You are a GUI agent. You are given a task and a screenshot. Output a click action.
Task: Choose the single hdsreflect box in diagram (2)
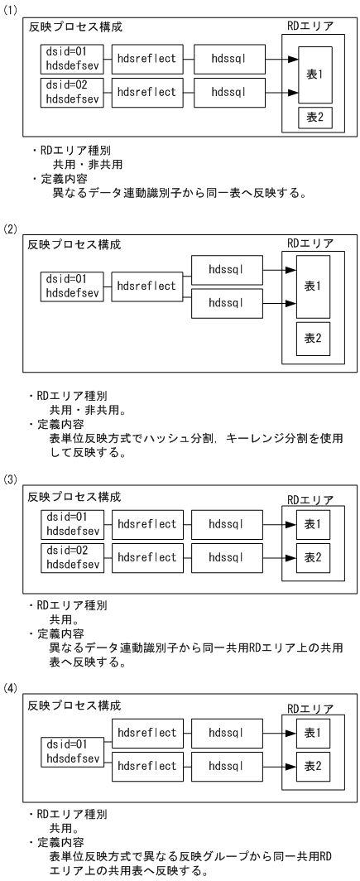point(146,286)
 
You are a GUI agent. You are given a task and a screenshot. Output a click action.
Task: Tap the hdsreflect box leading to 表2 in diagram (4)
point(146,766)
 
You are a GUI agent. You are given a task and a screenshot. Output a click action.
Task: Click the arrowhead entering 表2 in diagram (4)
point(294,766)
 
